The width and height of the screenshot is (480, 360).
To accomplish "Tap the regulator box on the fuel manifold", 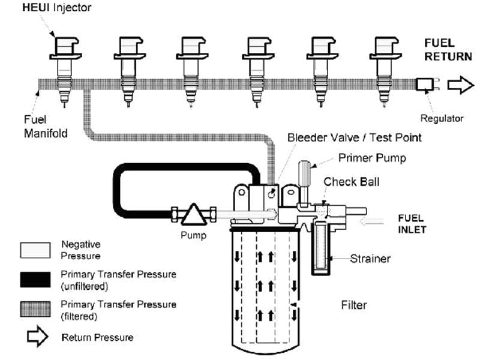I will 425,85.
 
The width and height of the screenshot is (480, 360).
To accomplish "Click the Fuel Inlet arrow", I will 373,222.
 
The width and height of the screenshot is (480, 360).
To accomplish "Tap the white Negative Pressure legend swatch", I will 37,250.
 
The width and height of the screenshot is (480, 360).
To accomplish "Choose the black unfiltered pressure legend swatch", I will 37,279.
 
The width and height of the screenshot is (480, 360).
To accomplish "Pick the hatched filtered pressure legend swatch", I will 37,309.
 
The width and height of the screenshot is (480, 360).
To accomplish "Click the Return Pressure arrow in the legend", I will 37,337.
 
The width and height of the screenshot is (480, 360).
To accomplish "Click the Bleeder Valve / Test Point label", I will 354,137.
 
